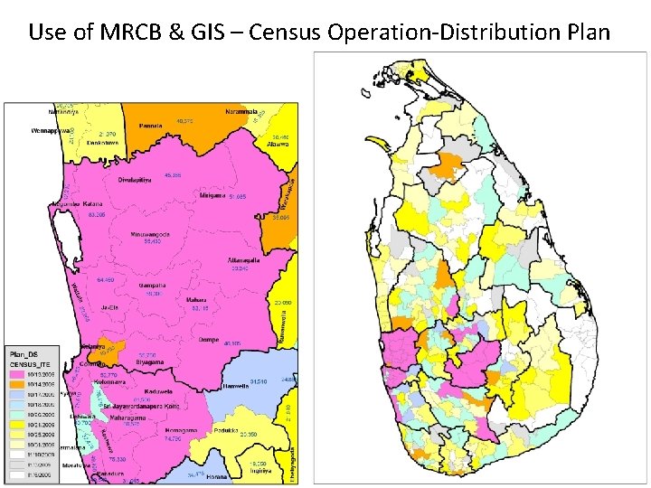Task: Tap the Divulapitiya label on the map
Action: [137, 180]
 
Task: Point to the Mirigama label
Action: [212, 195]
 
